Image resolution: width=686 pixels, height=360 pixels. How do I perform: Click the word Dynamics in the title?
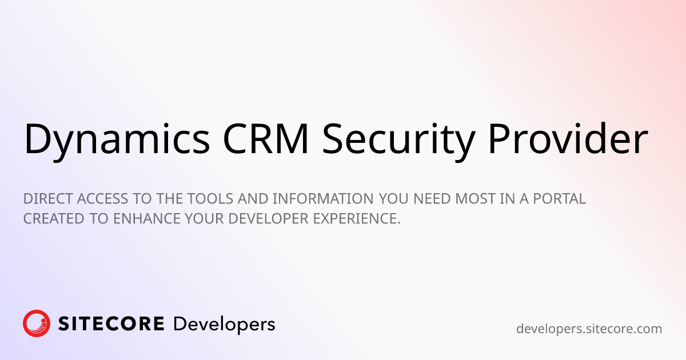coord(117,140)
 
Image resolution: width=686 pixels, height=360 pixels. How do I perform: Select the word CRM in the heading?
coord(265,138)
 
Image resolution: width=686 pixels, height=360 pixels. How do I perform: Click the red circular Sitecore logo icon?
coord(37,323)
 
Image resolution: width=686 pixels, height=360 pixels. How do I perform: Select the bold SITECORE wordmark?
coord(111,324)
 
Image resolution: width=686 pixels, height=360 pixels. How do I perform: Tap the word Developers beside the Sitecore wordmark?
coord(224,325)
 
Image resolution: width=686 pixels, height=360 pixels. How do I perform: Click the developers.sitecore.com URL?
coord(589,329)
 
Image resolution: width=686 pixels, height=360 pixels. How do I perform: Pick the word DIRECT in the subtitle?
coord(48,199)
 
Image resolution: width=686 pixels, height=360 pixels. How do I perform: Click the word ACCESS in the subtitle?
coord(102,199)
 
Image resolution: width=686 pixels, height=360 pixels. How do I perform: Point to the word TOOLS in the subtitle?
coord(210,199)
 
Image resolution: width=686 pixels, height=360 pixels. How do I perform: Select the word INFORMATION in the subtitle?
coord(323,199)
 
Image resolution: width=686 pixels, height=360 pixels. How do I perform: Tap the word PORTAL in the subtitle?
coord(559,199)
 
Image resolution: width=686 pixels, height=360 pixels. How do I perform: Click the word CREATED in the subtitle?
coord(54,218)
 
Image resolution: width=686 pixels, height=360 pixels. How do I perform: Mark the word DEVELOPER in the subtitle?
coord(268,218)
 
